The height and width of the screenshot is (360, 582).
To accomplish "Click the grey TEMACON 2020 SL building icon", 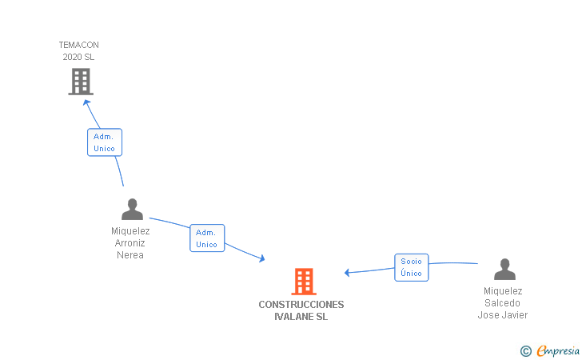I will pos(80,81).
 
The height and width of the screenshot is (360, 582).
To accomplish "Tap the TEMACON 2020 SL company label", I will pos(78,51).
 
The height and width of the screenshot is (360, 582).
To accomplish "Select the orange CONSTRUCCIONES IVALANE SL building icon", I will pos(303,282).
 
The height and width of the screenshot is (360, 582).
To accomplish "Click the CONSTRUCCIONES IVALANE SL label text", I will pos(301,310).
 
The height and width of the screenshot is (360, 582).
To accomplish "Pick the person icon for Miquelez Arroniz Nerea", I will pos(132,210).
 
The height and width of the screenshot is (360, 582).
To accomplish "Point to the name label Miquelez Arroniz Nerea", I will pos(130,243).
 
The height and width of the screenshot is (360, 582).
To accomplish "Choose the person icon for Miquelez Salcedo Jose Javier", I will pos(504,269).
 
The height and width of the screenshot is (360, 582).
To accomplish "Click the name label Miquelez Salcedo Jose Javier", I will pos(503,303).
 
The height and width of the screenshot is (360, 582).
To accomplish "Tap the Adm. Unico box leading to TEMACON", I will pos(104,142).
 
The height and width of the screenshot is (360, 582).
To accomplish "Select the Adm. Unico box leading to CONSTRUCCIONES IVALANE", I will pos(207,238).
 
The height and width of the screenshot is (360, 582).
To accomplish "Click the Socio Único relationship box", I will pos(412,267).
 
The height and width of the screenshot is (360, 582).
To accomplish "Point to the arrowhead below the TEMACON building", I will pos(87,102).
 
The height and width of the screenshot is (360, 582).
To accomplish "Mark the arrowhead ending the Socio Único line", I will pos(348,273).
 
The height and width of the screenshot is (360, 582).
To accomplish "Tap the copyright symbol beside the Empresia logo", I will pos(525,350).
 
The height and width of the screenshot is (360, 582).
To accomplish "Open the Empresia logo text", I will pos(558,350).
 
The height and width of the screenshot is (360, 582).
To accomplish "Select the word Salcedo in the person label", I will pos(503,303).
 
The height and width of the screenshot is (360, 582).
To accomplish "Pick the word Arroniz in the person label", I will pos(130,243).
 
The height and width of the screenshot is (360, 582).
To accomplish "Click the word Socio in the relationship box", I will pos(412,262).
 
